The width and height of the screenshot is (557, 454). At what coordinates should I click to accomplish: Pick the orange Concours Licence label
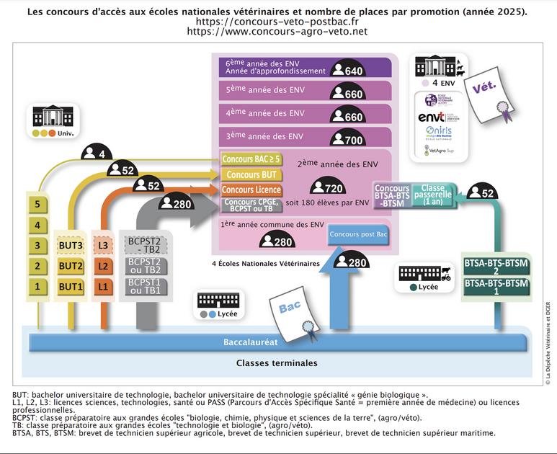tap(251, 190)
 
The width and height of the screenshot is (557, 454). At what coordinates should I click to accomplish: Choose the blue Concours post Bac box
tap(358, 235)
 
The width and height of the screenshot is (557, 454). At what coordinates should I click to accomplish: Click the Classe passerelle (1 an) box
tap(433, 195)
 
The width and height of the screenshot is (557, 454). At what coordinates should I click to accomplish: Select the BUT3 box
tap(71, 246)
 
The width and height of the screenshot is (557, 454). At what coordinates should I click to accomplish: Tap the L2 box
tap(104, 266)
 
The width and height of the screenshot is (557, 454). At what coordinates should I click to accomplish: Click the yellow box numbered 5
tap(37, 205)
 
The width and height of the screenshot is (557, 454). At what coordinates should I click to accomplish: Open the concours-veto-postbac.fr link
tap(277, 22)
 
